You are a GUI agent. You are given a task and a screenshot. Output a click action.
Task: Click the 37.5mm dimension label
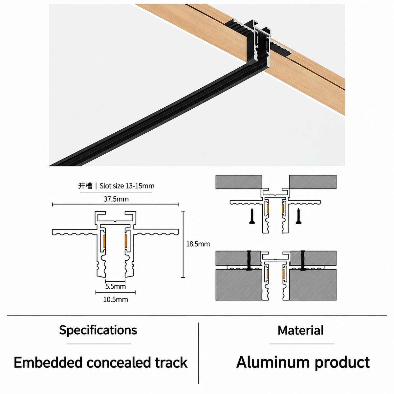116,199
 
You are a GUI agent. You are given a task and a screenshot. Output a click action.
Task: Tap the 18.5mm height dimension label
198,244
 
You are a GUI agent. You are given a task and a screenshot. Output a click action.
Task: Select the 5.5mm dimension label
116,286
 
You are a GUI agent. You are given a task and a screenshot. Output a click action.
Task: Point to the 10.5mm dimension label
116,299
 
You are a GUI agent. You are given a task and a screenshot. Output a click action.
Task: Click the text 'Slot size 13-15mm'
127,186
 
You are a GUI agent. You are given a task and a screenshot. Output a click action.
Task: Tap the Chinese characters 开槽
85,186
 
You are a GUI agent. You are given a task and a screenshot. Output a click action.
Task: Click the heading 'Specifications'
98,330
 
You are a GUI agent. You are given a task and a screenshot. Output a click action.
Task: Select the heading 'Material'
300,330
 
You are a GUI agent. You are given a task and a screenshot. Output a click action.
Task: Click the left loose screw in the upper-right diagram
252,216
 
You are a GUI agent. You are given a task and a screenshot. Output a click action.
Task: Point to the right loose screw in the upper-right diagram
298,216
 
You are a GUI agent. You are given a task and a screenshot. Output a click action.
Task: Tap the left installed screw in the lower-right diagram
249,260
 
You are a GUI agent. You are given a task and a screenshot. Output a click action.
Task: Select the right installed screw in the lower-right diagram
302,260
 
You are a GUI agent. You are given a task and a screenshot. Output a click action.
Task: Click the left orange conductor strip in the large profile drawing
104,241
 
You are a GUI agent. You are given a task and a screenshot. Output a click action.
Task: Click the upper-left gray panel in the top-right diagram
239,182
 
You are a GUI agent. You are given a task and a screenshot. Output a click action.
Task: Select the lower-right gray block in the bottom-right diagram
313,285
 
